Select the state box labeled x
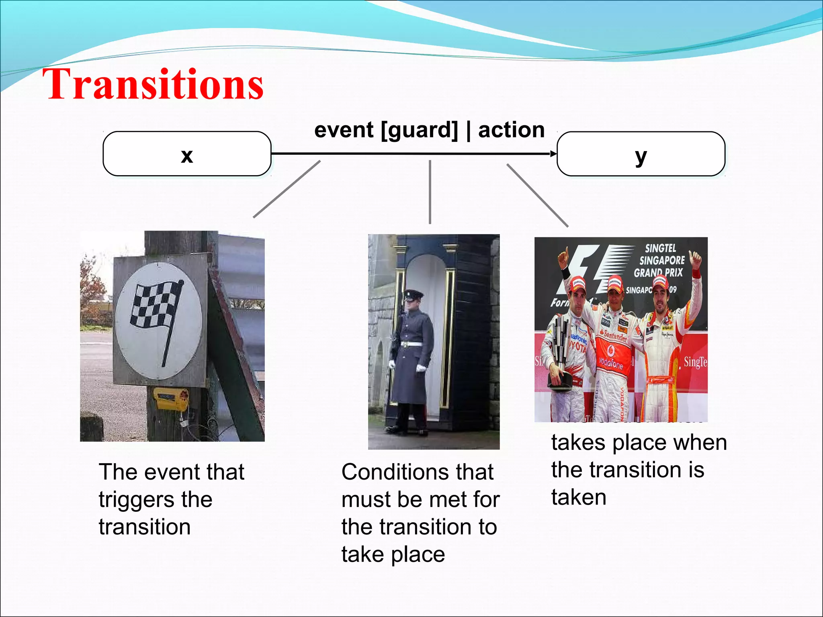tap(187, 154)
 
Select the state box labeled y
tap(641, 154)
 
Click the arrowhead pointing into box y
tap(553, 153)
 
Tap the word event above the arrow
tap(344, 130)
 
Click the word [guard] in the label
tap(419, 131)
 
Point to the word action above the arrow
tap(511, 130)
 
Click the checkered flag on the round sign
tap(156, 305)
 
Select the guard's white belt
tap(411, 344)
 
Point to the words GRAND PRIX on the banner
tap(658, 273)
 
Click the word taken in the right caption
tap(579, 497)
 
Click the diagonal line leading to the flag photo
tap(287, 189)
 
